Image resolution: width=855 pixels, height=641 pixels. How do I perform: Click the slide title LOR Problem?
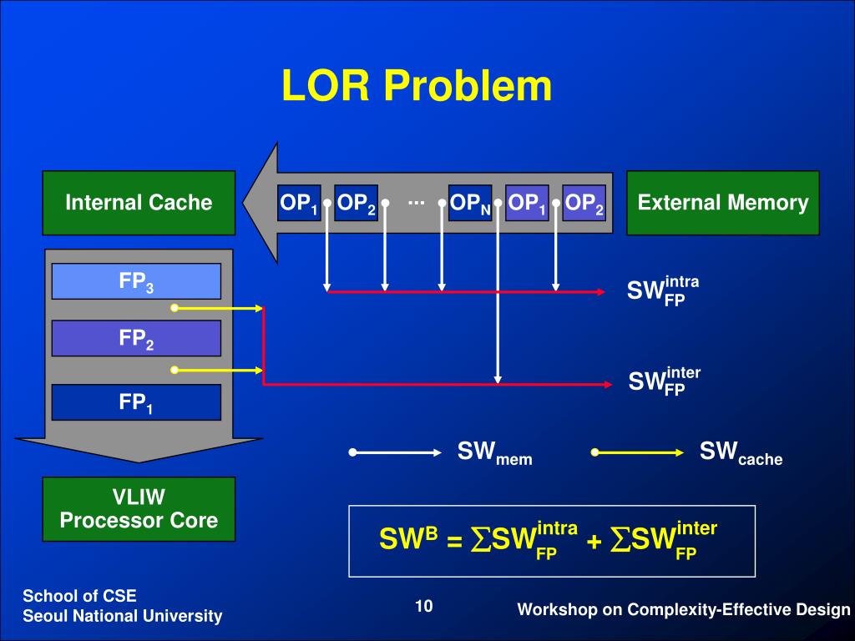coord(417,86)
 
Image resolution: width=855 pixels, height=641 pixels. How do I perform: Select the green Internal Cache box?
coord(139,203)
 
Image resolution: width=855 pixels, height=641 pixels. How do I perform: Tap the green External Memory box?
coord(723,203)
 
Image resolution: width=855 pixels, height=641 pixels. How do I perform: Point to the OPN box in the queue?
coord(470,203)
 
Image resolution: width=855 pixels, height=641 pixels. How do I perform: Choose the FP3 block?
coord(136,281)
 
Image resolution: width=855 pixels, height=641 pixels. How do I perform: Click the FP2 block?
coord(136,338)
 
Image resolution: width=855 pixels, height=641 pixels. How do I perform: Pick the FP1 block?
coord(136,402)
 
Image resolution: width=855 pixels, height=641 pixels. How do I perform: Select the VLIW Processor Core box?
coord(139,509)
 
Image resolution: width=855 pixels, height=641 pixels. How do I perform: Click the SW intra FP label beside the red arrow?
coord(662,290)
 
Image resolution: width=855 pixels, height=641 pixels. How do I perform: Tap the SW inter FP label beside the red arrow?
coord(664,381)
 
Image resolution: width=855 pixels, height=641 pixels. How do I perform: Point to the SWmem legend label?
coord(494,453)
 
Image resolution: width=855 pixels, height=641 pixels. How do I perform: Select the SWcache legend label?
coord(741,453)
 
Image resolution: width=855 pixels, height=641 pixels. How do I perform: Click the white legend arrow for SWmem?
coord(396,453)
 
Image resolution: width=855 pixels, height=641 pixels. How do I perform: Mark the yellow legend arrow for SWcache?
coord(638,453)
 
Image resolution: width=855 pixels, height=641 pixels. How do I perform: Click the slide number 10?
coord(424,606)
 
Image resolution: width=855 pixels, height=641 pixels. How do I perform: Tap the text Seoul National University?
coord(122,616)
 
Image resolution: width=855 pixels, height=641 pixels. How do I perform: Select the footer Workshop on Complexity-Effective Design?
coord(683,610)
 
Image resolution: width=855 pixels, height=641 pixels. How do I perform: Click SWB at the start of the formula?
coord(408,539)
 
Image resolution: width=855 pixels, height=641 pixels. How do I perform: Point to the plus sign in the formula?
coord(594,541)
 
